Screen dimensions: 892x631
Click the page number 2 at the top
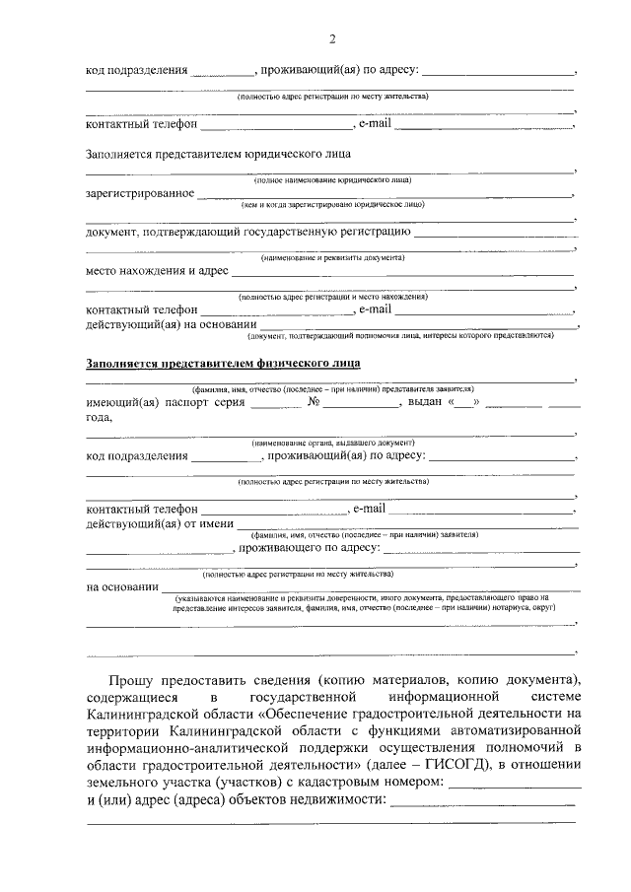click(x=332, y=38)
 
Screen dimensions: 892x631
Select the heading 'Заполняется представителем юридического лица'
click(x=218, y=154)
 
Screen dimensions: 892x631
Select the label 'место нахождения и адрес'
click(x=157, y=270)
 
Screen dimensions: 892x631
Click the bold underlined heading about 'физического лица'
click(x=223, y=363)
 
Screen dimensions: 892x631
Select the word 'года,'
click(x=100, y=417)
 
